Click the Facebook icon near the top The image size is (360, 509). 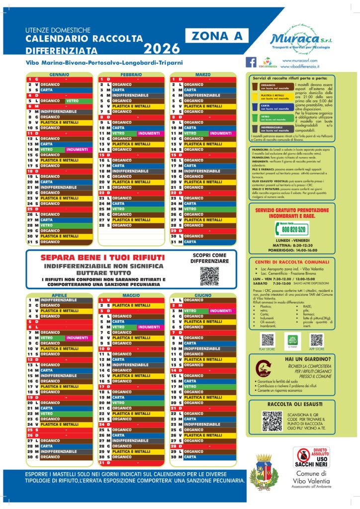(252, 62)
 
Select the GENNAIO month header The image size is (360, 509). (59, 74)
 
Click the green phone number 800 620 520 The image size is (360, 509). (293, 229)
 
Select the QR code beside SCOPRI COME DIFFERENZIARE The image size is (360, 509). (209, 276)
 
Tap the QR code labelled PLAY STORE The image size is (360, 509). (268, 340)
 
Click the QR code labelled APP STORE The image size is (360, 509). (316, 340)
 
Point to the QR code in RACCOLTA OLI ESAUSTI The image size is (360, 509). (272, 421)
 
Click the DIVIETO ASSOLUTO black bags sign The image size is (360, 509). (311, 456)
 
